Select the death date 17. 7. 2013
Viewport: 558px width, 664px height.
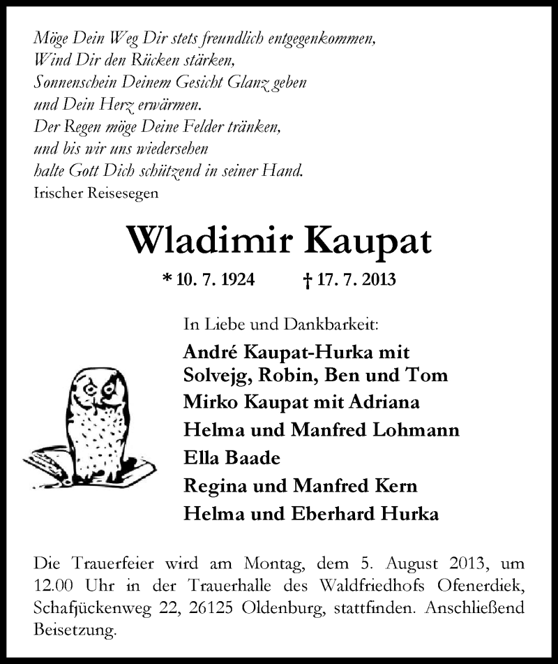pyautogui.click(x=356, y=281)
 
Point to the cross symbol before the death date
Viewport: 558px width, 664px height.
pyautogui.click(x=308, y=281)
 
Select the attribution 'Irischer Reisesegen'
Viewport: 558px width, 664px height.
pyautogui.click(x=96, y=193)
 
